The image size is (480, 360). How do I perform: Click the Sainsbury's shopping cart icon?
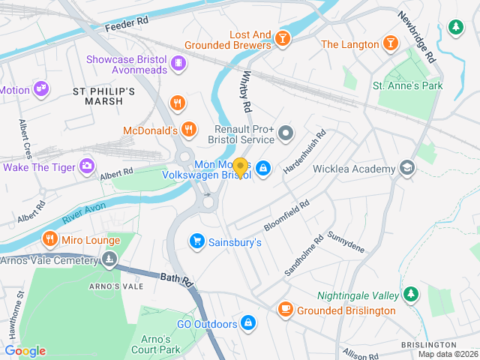(197, 241)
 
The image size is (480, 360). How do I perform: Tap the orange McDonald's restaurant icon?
(189, 129)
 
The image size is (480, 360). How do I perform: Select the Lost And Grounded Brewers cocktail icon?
(282, 38)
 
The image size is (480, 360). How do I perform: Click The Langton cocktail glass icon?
(390, 43)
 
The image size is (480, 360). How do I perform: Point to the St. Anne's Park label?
(408, 86)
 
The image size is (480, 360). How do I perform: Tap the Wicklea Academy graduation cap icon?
(407, 167)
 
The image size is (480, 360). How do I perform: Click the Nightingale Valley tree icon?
(410, 294)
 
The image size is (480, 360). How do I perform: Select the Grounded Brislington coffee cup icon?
(285, 309)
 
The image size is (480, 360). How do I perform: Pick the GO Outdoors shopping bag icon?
(247, 323)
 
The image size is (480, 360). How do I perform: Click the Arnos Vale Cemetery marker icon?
(109, 259)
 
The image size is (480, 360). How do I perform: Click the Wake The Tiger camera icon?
(88, 165)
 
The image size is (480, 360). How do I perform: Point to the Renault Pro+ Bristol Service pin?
(286, 134)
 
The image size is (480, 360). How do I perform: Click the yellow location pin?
(240, 166)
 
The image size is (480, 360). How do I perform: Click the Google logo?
(25, 351)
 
